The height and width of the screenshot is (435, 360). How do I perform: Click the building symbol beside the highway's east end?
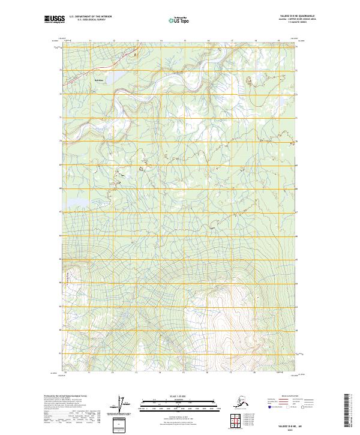click(134, 54)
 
